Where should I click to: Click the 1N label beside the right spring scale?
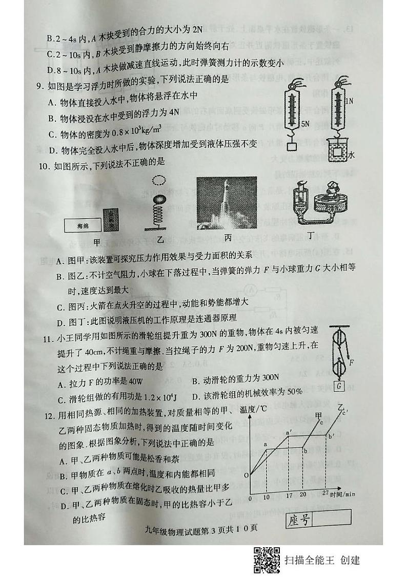pyautogui.click(x=349, y=102)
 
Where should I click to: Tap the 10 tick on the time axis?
pyautogui.click(x=266, y=496)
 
